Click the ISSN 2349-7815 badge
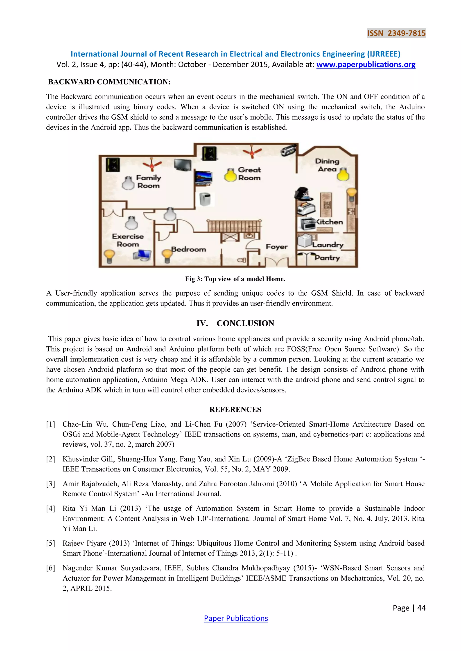coord(396,33)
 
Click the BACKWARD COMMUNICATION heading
coord(109,82)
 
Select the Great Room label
coord(249,174)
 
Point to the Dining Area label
coord(327,165)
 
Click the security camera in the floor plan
coord(288,150)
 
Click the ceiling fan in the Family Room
coord(152,165)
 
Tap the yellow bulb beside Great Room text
coord(230,175)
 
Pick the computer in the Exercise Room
coord(142,255)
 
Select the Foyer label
coord(276,247)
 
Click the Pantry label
coord(327,257)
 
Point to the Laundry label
coord(328,245)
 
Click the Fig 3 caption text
coord(235,279)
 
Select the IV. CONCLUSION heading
coord(235,323)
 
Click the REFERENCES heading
coord(235,409)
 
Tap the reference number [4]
coord(50,509)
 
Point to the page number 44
coord(421,608)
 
